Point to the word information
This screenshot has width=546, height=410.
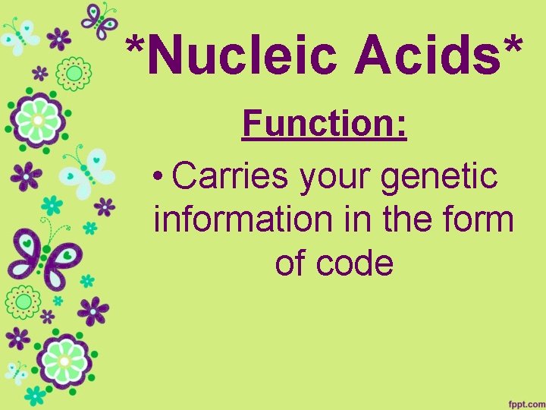click(242, 220)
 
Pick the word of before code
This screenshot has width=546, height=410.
click(289, 263)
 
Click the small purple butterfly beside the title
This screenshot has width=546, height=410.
click(99, 20)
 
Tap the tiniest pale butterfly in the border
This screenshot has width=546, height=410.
click(15, 372)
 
